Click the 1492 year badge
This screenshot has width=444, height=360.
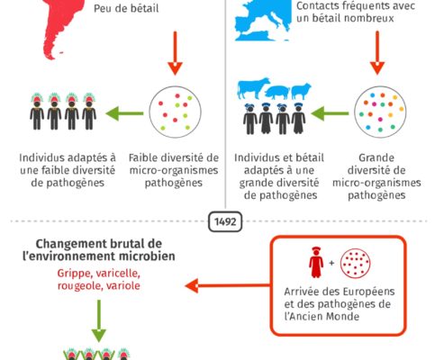[225, 221]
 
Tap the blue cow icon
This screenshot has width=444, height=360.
[254, 88]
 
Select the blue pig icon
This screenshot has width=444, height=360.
[277, 93]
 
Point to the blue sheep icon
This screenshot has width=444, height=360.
[301, 91]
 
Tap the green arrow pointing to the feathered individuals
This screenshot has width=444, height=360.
[124, 113]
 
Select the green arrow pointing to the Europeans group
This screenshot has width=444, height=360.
[330, 113]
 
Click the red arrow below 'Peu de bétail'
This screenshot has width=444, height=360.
[175, 53]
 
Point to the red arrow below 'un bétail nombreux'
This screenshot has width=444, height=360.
[377, 53]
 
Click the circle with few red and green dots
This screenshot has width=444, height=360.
[175, 112]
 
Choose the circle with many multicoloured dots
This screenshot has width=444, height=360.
[380, 112]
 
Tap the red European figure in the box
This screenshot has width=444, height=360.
[316, 263]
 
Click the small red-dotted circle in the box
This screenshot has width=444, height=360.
[355, 263]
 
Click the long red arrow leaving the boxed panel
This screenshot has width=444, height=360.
[228, 285]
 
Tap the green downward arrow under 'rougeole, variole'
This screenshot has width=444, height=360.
[98, 320]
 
